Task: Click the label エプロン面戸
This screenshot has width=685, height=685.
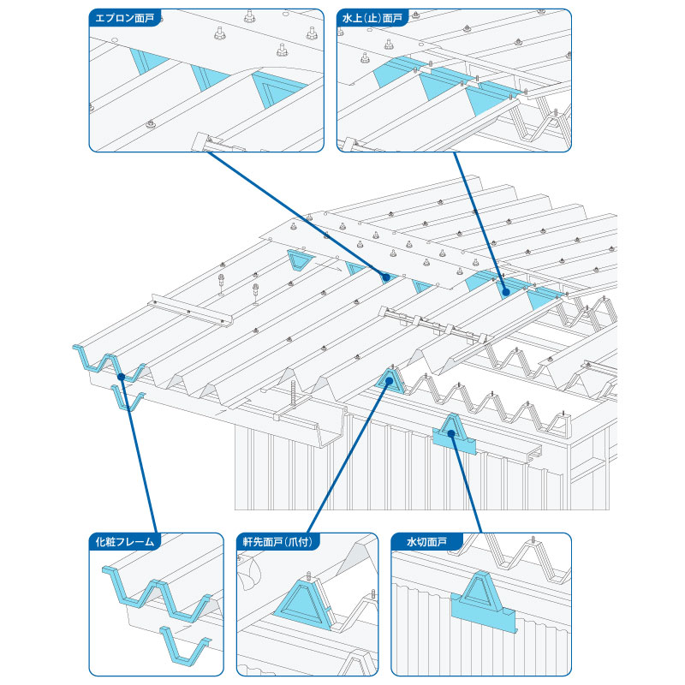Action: point(124,18)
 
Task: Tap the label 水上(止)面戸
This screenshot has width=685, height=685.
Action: point(372,18)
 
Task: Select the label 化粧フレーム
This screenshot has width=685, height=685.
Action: point(124,542)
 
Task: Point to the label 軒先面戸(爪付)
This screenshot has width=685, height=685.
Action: point(277,542)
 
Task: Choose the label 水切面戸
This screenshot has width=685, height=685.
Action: point(426,542)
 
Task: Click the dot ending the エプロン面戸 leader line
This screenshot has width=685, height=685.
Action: point(386,277)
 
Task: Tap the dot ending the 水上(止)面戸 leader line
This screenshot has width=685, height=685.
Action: point(506,292)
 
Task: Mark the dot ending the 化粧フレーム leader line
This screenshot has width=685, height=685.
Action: point(122,377)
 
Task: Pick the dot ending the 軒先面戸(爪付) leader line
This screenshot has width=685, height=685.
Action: point(390,380)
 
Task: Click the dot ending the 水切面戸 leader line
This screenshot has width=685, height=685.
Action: point(451,434)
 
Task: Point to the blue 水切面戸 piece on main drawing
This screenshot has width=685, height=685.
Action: point(454,437)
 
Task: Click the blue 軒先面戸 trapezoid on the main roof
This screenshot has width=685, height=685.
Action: point(389,381)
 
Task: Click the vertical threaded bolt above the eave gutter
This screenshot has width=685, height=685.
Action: point(292,393)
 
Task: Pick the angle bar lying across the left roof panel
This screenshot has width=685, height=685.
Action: point(191,311)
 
